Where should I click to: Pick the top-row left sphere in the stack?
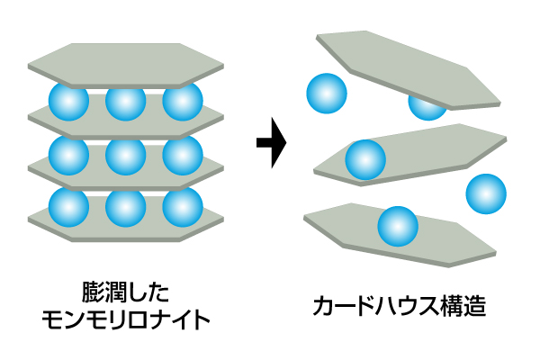pos(68,101)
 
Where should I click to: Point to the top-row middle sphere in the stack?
pos(125,101)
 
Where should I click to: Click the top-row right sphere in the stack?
pos(182,101)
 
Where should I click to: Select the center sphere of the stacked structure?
pos(125,155)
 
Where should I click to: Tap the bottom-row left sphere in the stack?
pos(68,208)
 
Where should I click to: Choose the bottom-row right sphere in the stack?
pos(182,208)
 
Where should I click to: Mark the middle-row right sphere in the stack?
pos(182,155)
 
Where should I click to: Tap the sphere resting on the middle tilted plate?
pos(365,161)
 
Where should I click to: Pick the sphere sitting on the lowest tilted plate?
pos(397,227)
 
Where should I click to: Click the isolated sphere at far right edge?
pos(486,193)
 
